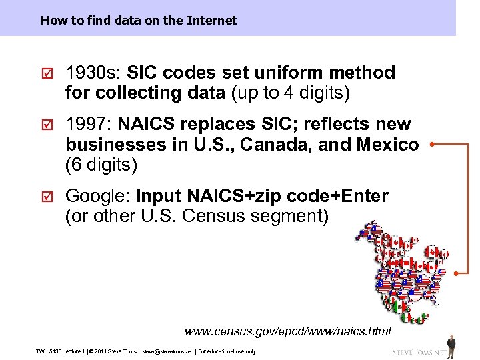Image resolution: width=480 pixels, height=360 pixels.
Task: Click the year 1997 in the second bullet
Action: [89, 125]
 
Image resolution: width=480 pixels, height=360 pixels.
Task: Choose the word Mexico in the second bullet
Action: [388, 144]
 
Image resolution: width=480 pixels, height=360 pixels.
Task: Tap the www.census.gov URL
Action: [287, 331]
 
